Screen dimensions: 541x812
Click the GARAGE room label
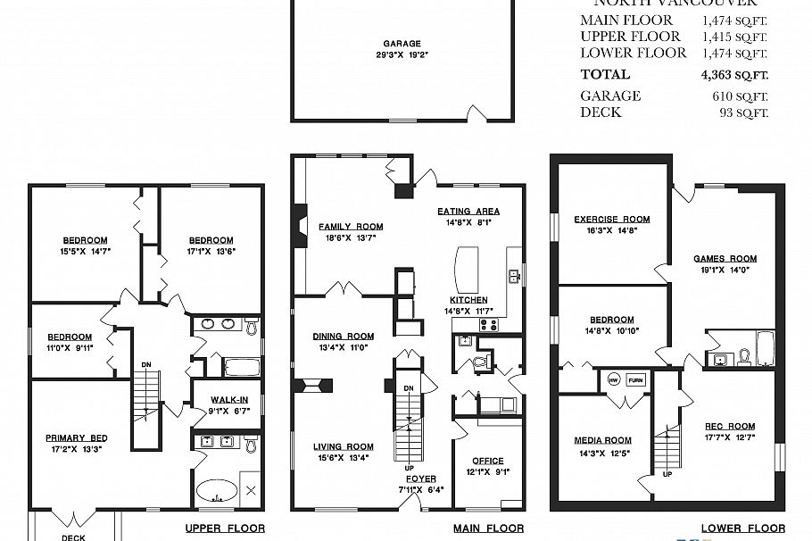402,44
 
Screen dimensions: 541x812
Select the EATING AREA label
468,212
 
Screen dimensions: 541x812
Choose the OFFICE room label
488,462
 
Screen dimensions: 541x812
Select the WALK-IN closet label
229,400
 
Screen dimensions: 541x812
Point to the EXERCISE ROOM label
611,219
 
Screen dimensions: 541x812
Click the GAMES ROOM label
725,259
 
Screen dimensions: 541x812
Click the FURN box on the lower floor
635,379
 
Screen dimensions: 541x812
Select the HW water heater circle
614,379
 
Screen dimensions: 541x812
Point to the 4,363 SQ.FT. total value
733,75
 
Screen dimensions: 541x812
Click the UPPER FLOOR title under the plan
224,529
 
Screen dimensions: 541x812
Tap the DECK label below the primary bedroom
73,537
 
